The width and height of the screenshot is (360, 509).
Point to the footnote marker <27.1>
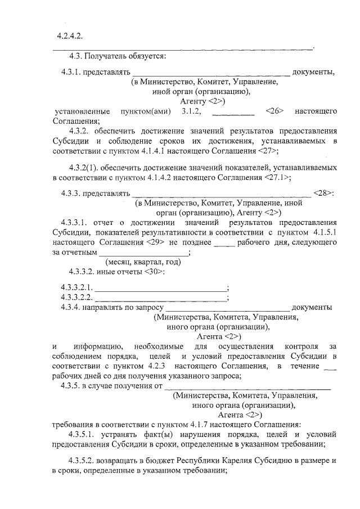277,178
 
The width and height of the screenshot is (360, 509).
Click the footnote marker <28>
325,194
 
